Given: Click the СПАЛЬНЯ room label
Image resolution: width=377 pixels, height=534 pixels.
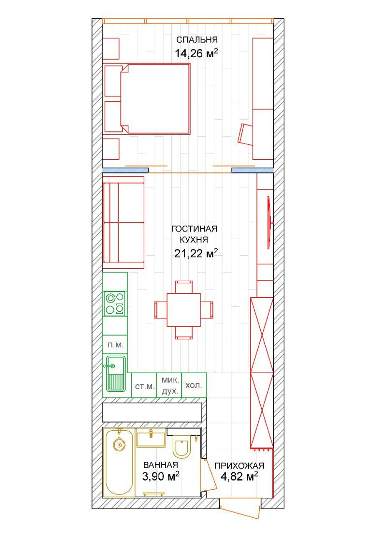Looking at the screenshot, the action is (x=197, y=40).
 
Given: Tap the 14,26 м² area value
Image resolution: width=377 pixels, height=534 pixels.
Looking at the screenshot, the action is (x=196, y=53).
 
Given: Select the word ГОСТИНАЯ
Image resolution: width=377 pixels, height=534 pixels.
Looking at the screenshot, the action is (x=194, y=229).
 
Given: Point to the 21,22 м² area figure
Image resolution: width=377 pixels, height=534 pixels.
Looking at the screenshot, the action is (x=196, y=253).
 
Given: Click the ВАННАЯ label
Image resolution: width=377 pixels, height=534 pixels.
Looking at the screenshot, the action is (x=161, y=465).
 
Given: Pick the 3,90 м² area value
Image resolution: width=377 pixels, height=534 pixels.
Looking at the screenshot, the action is (x=161, y=476).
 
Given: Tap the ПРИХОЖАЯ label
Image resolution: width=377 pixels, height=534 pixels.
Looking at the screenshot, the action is (x=239, y=466).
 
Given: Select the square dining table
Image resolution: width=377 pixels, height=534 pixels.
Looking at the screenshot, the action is (x=183, y=310).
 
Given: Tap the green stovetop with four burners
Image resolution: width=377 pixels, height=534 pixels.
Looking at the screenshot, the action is (x=115, y=304).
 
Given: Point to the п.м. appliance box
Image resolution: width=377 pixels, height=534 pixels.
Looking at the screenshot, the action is (x=115, y=345).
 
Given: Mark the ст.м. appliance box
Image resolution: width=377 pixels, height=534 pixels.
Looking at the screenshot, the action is (x=144, y=385).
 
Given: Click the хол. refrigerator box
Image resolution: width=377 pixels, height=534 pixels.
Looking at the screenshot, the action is (x=194, y=385).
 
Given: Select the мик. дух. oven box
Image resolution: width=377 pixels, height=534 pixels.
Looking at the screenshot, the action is (x=169, y=385).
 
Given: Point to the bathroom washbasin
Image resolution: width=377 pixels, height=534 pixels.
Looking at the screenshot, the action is (x=151, y=438).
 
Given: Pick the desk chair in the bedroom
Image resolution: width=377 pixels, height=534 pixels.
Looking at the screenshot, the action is (x=246, y=134).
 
